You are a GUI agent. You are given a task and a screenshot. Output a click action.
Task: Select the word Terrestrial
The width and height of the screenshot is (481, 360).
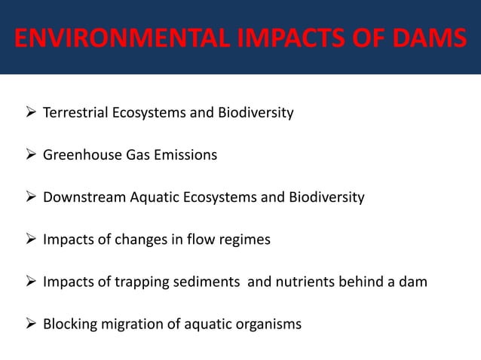coord(76,114)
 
